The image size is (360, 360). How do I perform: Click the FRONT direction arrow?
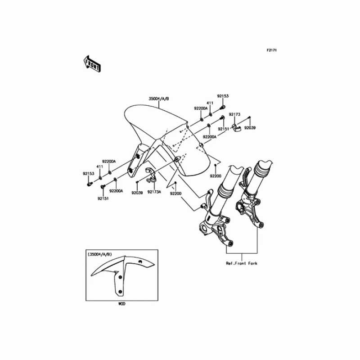[x=91, y=64]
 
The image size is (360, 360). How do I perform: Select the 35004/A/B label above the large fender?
[x=162, y=99]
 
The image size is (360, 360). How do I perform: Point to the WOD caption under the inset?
[x=122, y=304]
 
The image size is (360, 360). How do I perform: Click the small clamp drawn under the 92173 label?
[x=236, y=126]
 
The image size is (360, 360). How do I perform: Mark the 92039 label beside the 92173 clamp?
[x=250, y=128]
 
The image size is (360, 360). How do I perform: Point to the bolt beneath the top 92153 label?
[x=222, y=108]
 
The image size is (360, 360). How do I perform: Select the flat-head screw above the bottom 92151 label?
[x=103, y=185]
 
